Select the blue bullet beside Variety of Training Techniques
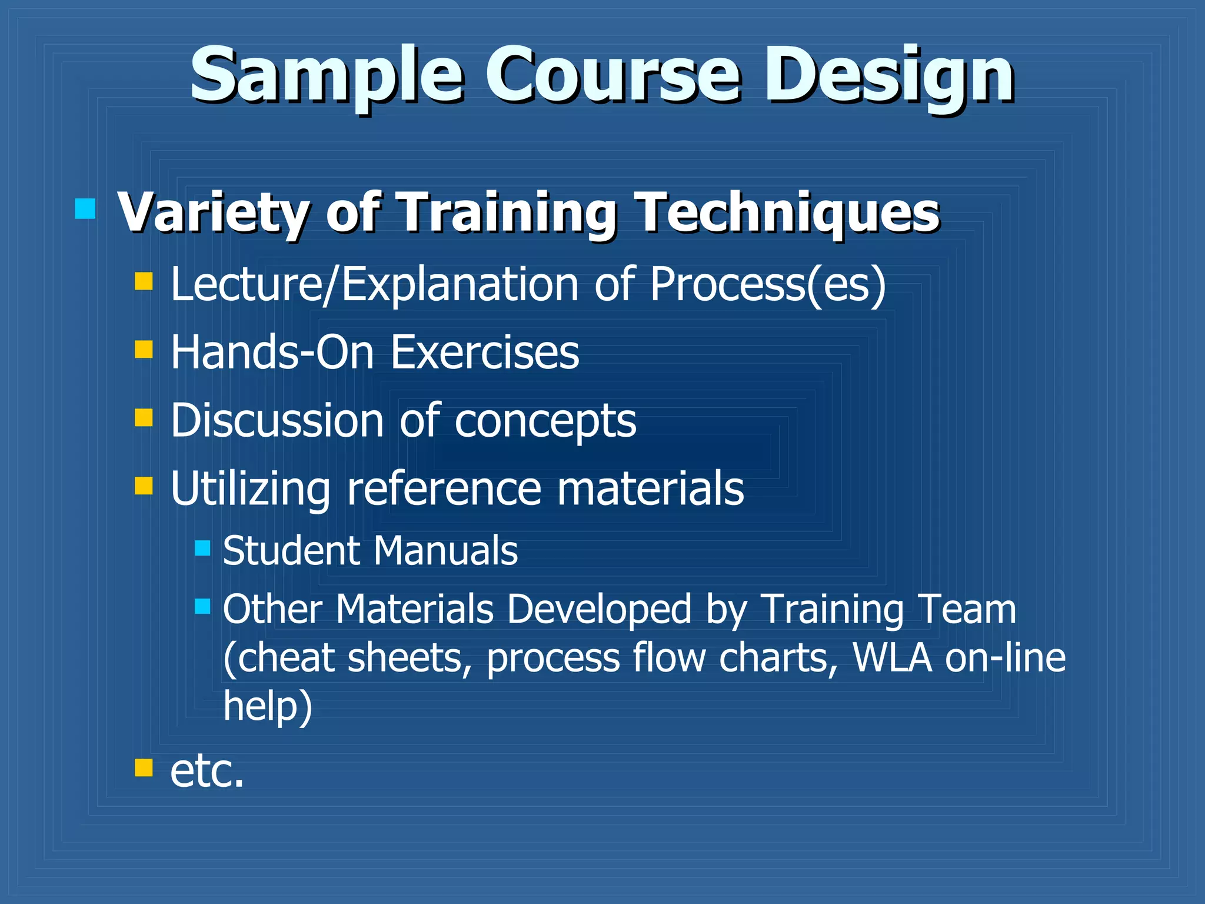coord(85,208)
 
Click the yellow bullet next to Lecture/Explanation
coord(144,281)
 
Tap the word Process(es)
coord(767,285)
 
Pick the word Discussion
coord(277,421)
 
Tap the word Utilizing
coord(250,490)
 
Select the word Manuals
coord(445,551)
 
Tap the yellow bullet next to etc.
coord(144,767)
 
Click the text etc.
coord(207,771)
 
